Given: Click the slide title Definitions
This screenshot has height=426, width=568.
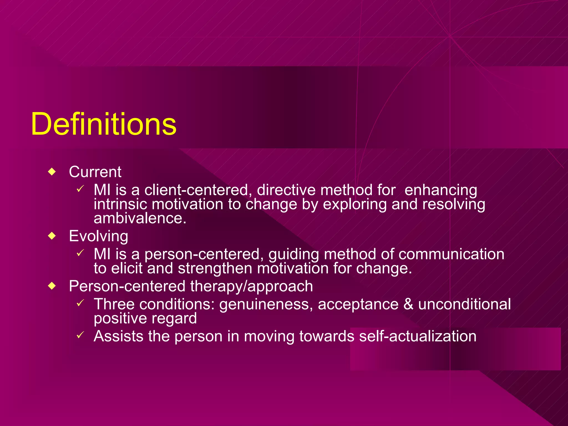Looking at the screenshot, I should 103,124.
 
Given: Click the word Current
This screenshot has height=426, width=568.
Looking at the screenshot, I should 95,172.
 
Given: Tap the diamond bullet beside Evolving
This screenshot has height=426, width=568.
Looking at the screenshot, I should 52,236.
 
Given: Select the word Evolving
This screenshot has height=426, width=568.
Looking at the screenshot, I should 98,236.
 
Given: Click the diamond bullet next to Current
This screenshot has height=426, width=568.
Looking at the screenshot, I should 52,172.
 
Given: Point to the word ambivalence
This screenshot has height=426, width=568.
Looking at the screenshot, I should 140,218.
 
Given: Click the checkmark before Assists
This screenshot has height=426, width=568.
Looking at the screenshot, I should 80,335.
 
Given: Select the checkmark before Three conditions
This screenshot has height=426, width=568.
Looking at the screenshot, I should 80,303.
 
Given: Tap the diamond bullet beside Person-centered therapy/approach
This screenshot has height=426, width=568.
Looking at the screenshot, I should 52,286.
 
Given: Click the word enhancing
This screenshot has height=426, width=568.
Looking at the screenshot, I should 441,190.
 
